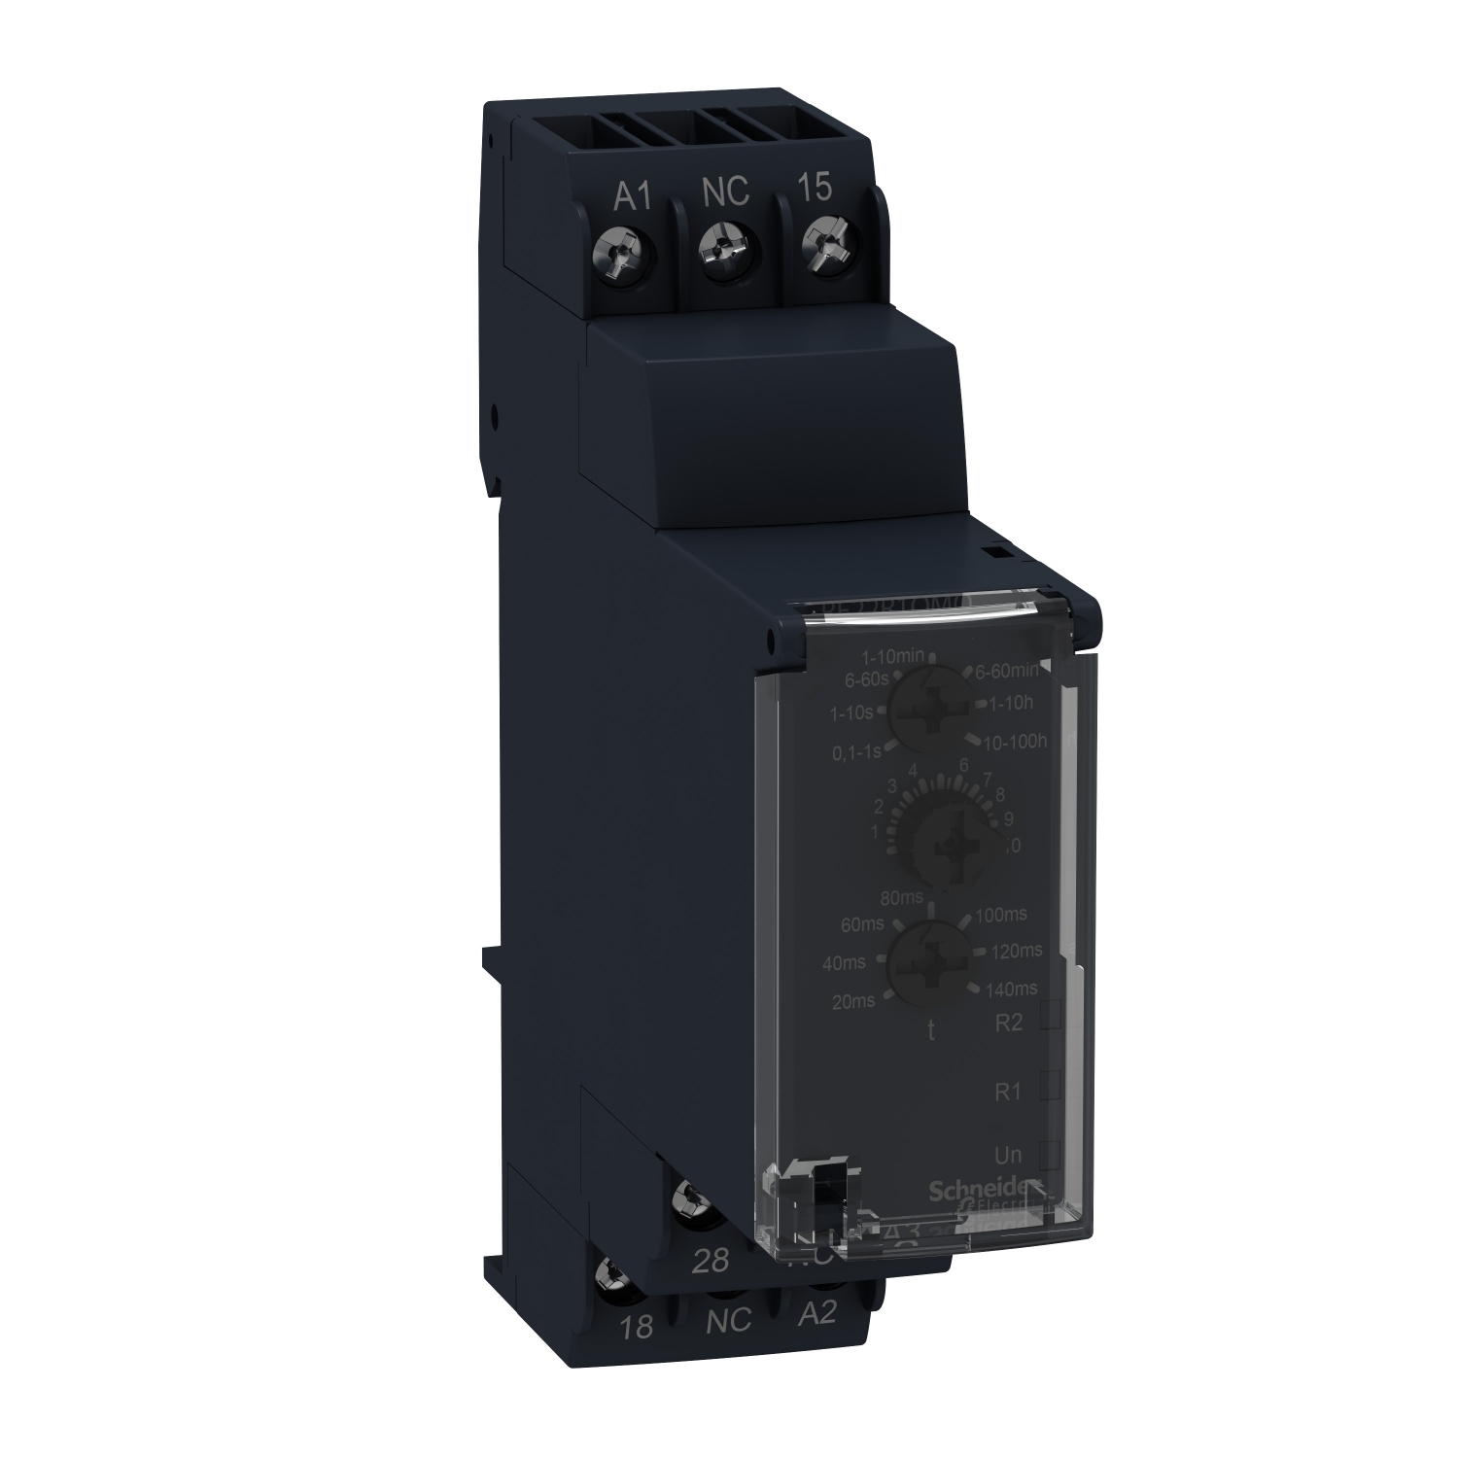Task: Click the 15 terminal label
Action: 815,188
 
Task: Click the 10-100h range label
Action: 1015,742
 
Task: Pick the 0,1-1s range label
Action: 856,751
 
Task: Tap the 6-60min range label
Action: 1006,670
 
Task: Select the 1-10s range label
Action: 851,713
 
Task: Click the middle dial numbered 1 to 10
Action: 941,844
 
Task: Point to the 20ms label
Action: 854,1000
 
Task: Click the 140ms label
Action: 1012,989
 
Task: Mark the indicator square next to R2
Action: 1050,1016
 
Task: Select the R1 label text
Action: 1009,1092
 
